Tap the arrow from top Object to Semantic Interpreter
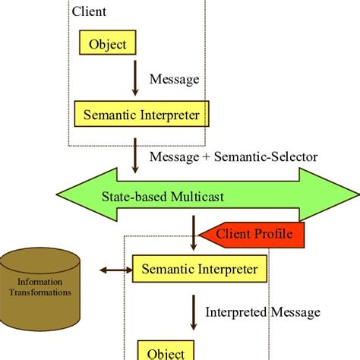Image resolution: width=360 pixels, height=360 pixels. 135,79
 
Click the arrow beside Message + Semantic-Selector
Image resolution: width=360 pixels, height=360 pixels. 135,156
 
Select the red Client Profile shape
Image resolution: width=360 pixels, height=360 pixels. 254,235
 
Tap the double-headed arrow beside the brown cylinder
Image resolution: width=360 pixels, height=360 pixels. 113,269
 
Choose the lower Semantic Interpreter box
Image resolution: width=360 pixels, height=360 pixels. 200,269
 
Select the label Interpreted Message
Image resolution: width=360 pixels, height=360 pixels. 263,312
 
